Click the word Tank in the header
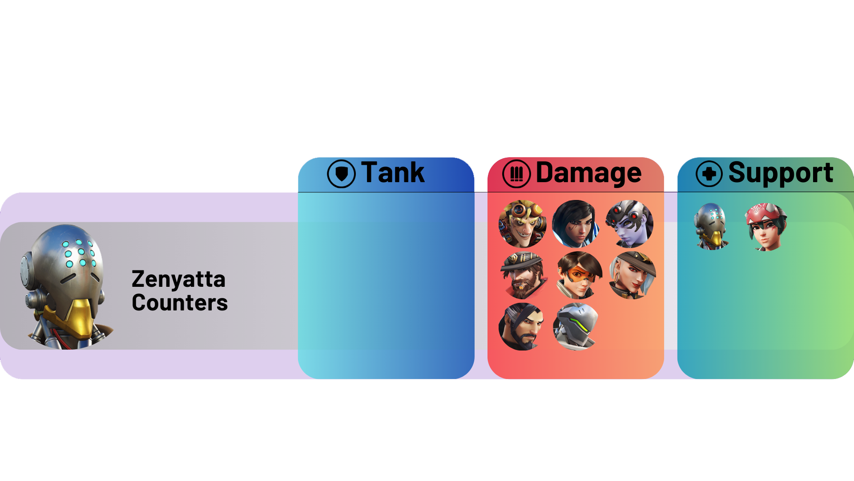point(392,173)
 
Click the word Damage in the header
point(588,173)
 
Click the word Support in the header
point(781,173)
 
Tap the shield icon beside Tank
point(341,174)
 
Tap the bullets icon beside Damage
point(516,174)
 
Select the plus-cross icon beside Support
point(709,174)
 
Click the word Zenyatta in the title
point(178,280)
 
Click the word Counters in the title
point(180,303)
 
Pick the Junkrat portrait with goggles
point(522,224)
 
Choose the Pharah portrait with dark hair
point(576,224)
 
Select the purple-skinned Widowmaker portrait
point(629,224)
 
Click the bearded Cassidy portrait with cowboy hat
point(522,275)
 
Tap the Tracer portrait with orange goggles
point(579,275)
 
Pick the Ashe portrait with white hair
point(632,275)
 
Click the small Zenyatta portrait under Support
point(712,226)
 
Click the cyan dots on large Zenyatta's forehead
point(79,253)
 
